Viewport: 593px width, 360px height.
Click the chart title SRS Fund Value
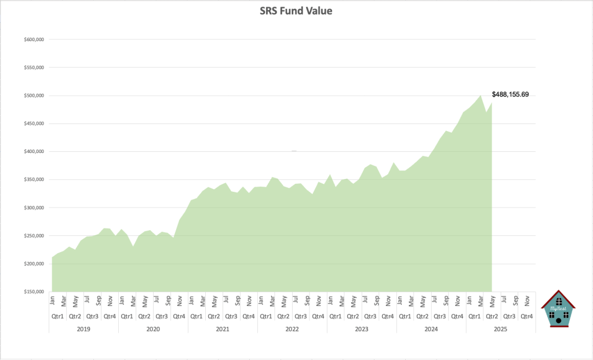pyautogui.click(x=296, y=11)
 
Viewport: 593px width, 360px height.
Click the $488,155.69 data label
pyautogui.click(x=510, y=94)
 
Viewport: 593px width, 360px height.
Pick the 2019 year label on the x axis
pyautogui.click(x=83, y=329)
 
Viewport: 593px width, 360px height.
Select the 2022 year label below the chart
pyautogui.click(x=292, y=329)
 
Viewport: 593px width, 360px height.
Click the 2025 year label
pyautogui.click(x=501, y=329)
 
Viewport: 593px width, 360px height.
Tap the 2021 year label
pyautogui.click(x=223, y=329)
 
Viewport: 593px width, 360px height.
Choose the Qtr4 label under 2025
pyautogui.click(x=527, y=317)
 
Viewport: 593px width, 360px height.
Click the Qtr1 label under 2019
pyautogui.click(x=57, y=317)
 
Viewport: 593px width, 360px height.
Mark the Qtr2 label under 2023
pyautogui.click(x=353, y=317)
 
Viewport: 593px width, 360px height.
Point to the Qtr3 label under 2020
pyautogui.click(x=162, y=317)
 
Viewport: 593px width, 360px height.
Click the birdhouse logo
pyautogui.click(x=558, y=308)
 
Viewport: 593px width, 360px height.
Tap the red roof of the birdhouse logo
pyautogui.click(x=558, y=296)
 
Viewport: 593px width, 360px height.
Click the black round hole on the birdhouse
pyautogui.click(x=558, y=320)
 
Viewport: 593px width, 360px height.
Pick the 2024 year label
pyautogui.click(x=431, y=329)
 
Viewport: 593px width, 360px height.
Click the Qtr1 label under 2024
pyautogui.click(x=405, y=317)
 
